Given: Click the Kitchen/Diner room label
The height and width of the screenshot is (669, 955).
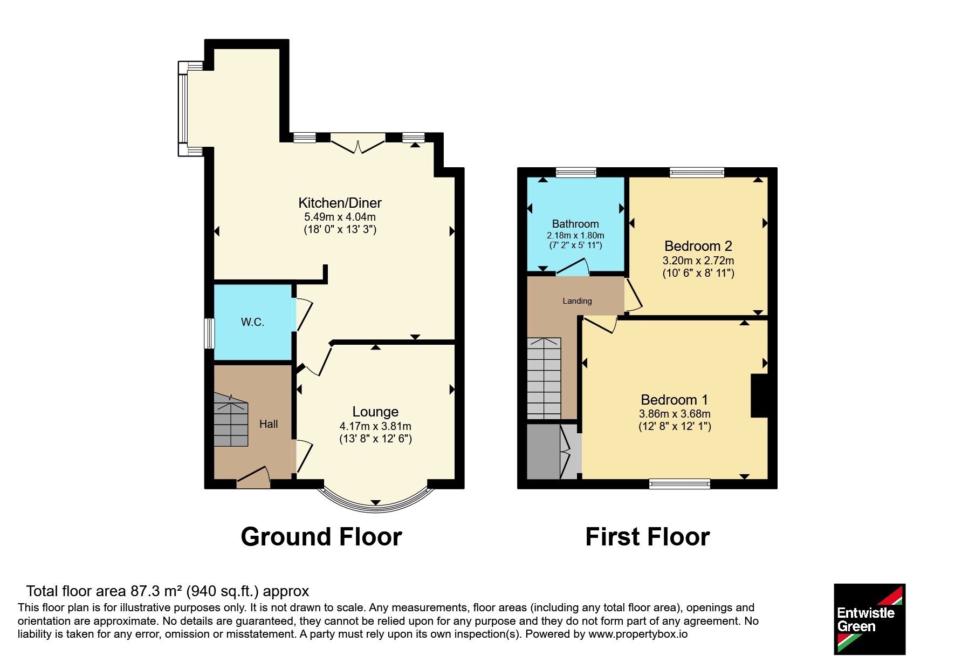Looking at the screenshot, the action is pyautogui.click(x=340, y=203).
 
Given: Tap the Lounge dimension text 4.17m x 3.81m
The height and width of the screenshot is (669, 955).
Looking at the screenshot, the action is pyautogui.click(x=375, y=426).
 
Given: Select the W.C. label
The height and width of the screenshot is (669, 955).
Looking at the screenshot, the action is pyautogui.click(x=252, y=322).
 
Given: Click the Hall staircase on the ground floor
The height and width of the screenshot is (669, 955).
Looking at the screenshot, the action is pyautogui.click(x=231, y=420).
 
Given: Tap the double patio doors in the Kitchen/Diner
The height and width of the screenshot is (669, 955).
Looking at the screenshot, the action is pyautogui.click(x=358, y=144).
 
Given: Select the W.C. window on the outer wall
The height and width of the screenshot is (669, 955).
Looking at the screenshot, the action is pyautogui.click(x=209, y=333).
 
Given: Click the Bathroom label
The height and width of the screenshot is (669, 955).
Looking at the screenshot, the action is pyautogui.click(x=575, y=224).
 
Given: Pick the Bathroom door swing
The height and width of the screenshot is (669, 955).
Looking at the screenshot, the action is pyautogui.click(x=573, y=268).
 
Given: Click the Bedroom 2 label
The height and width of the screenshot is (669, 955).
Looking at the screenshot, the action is pyautogui.click(x=698, y=246).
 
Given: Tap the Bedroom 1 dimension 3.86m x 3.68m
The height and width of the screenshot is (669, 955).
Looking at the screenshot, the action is pyautogui.click(x=675, y=414).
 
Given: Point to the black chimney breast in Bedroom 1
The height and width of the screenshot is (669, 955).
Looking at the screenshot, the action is pyautogui.click(x=759, y=395).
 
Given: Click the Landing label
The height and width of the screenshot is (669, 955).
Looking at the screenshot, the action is pyautogui.click(x=577, y=301).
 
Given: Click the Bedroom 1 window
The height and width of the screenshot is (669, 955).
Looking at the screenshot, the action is pyautogui.click(x=679, y=484).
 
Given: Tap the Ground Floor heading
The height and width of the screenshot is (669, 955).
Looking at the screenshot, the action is pyautogui.click(x=321, y=537).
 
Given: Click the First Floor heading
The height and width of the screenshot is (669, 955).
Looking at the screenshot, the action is pyautogui.click(x=648, y=537).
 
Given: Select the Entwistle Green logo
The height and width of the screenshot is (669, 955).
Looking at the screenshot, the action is pyautogui.click(x=869, y=619).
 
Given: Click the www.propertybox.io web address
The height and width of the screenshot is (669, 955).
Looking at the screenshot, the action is pyautogui.click(x=638, y=634).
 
